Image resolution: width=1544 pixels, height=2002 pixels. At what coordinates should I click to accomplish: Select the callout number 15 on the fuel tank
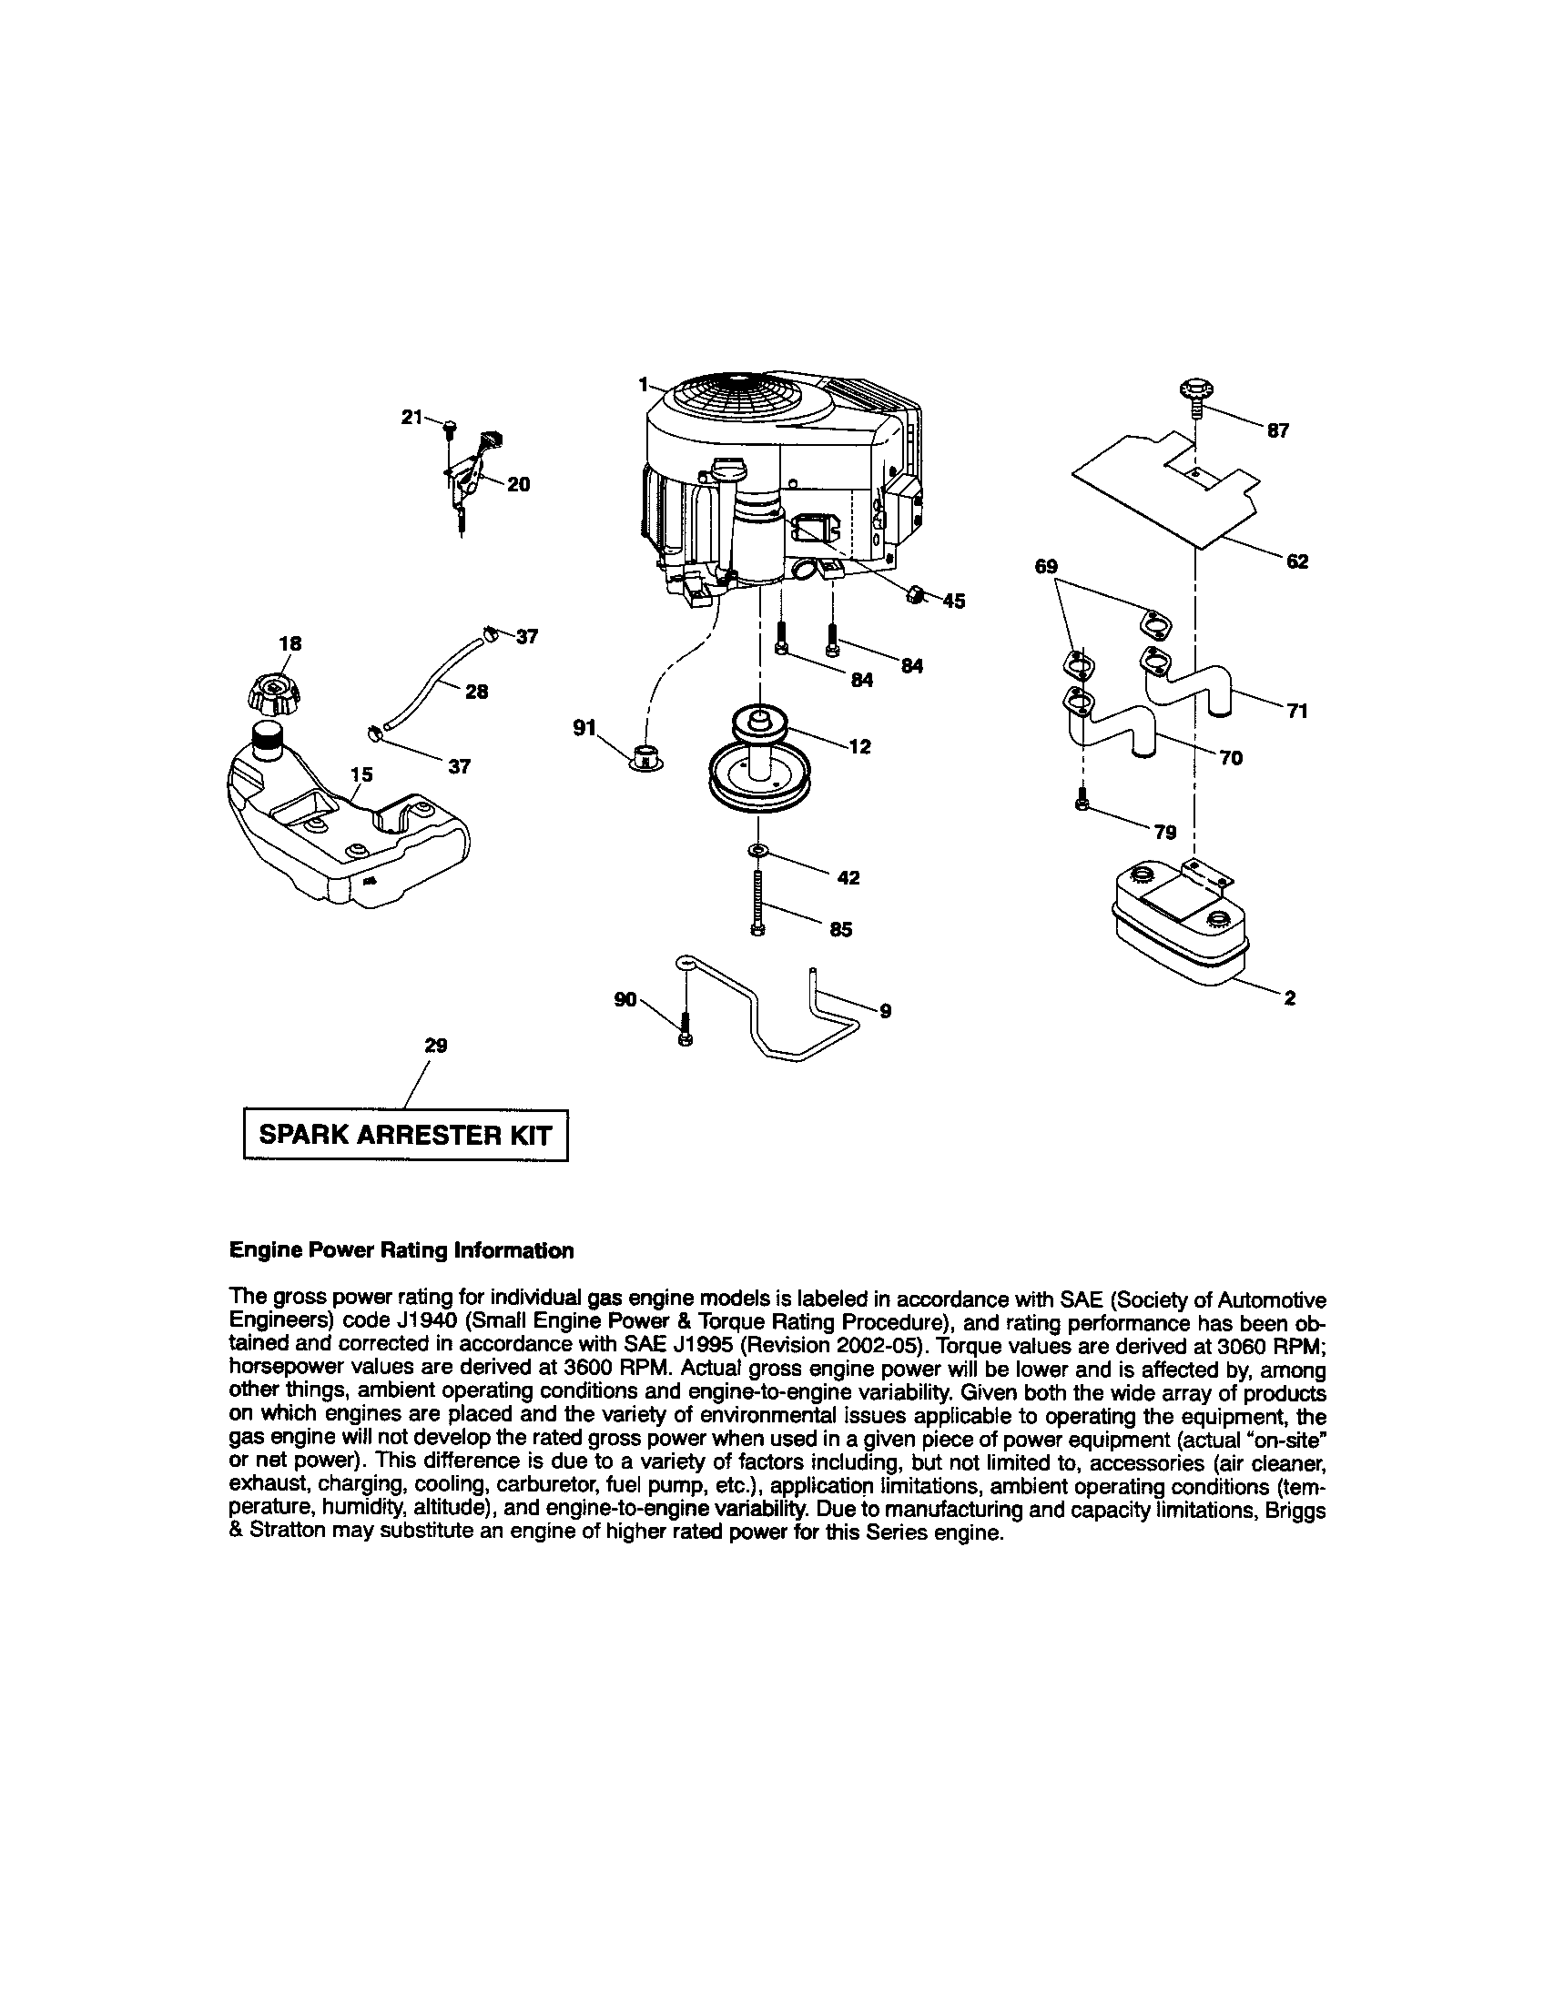(x=362, y=774)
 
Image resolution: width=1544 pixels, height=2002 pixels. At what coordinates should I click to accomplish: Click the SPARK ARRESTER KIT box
(x=405, y=1135)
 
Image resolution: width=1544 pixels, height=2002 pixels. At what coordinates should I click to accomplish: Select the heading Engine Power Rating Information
(x=401, y=1250)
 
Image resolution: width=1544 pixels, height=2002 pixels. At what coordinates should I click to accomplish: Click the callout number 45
(x=953, y=602)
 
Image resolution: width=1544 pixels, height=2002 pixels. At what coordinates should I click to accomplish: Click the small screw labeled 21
(x=449, y=427)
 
